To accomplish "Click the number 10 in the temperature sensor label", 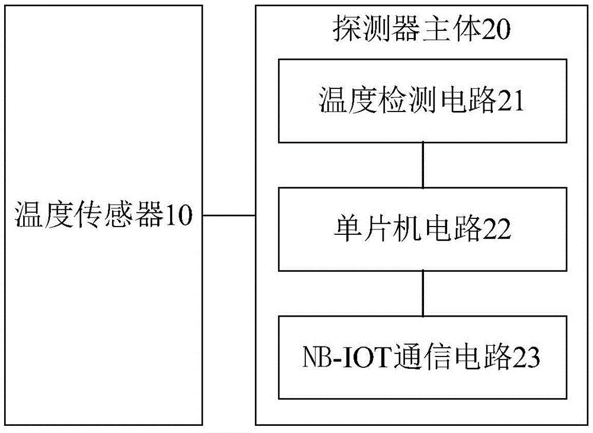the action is click(x=179, y=215).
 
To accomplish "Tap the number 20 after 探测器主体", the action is click(x=496, y=30).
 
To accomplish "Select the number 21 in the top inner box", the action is click(x=511, y=101).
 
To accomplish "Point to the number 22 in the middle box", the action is click(x=496, y=229).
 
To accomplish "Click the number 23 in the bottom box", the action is click(x=525, y=357).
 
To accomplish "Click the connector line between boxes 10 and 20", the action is click(x=229, y=215).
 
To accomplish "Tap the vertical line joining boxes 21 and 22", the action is click(x=423, y=165).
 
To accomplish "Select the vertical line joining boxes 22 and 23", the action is click(x=423, y=294).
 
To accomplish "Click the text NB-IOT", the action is click(x=346, y=357).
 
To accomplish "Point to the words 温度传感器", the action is click(x=90, y=215).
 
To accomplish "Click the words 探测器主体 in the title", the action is click(x=407, y=30).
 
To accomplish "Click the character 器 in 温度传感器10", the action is click(x=150, y=215).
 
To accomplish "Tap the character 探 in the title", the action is click(x=347, y=30).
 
